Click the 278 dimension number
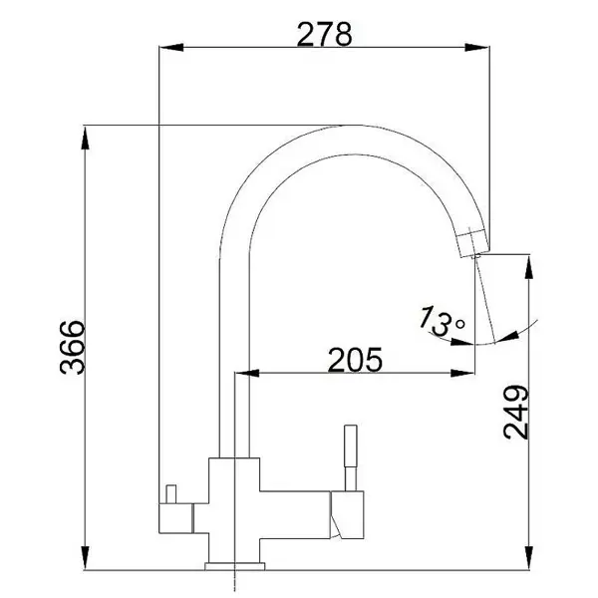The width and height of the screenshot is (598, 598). pyautogui.click(x=325, y=34)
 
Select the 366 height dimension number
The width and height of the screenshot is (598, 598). pyautogui.click(x=73, y=348)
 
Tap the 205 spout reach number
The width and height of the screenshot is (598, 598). pyautogui.click(x=355, y=360)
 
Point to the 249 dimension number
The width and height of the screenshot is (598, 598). pyautogui.click(x=516, y=413)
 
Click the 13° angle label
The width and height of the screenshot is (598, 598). pyautogui.click(x=443, y=321)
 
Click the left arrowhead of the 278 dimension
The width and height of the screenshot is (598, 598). pyautogui.click(x=171, y=47)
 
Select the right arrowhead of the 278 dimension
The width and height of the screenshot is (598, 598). pyautogui.click(x=476, y=47)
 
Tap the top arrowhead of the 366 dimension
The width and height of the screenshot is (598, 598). pyautogui.click(x=86, y=139)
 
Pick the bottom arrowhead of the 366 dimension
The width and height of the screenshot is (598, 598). pyautogui.click(x=86, y=557)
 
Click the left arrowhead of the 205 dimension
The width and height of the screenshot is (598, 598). pyautogui.click(x=247, y=373)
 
